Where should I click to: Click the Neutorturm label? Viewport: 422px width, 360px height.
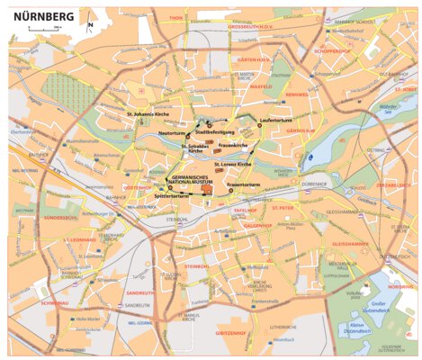point(171,133)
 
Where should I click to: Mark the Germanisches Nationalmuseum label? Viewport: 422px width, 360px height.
point(190,179)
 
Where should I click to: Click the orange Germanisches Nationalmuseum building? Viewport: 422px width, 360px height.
point(206,189)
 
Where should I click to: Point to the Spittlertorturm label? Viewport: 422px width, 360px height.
point(171,195)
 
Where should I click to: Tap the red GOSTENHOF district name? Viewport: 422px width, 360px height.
point(138,187)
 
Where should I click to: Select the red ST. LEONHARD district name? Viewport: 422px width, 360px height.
point(79,240)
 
